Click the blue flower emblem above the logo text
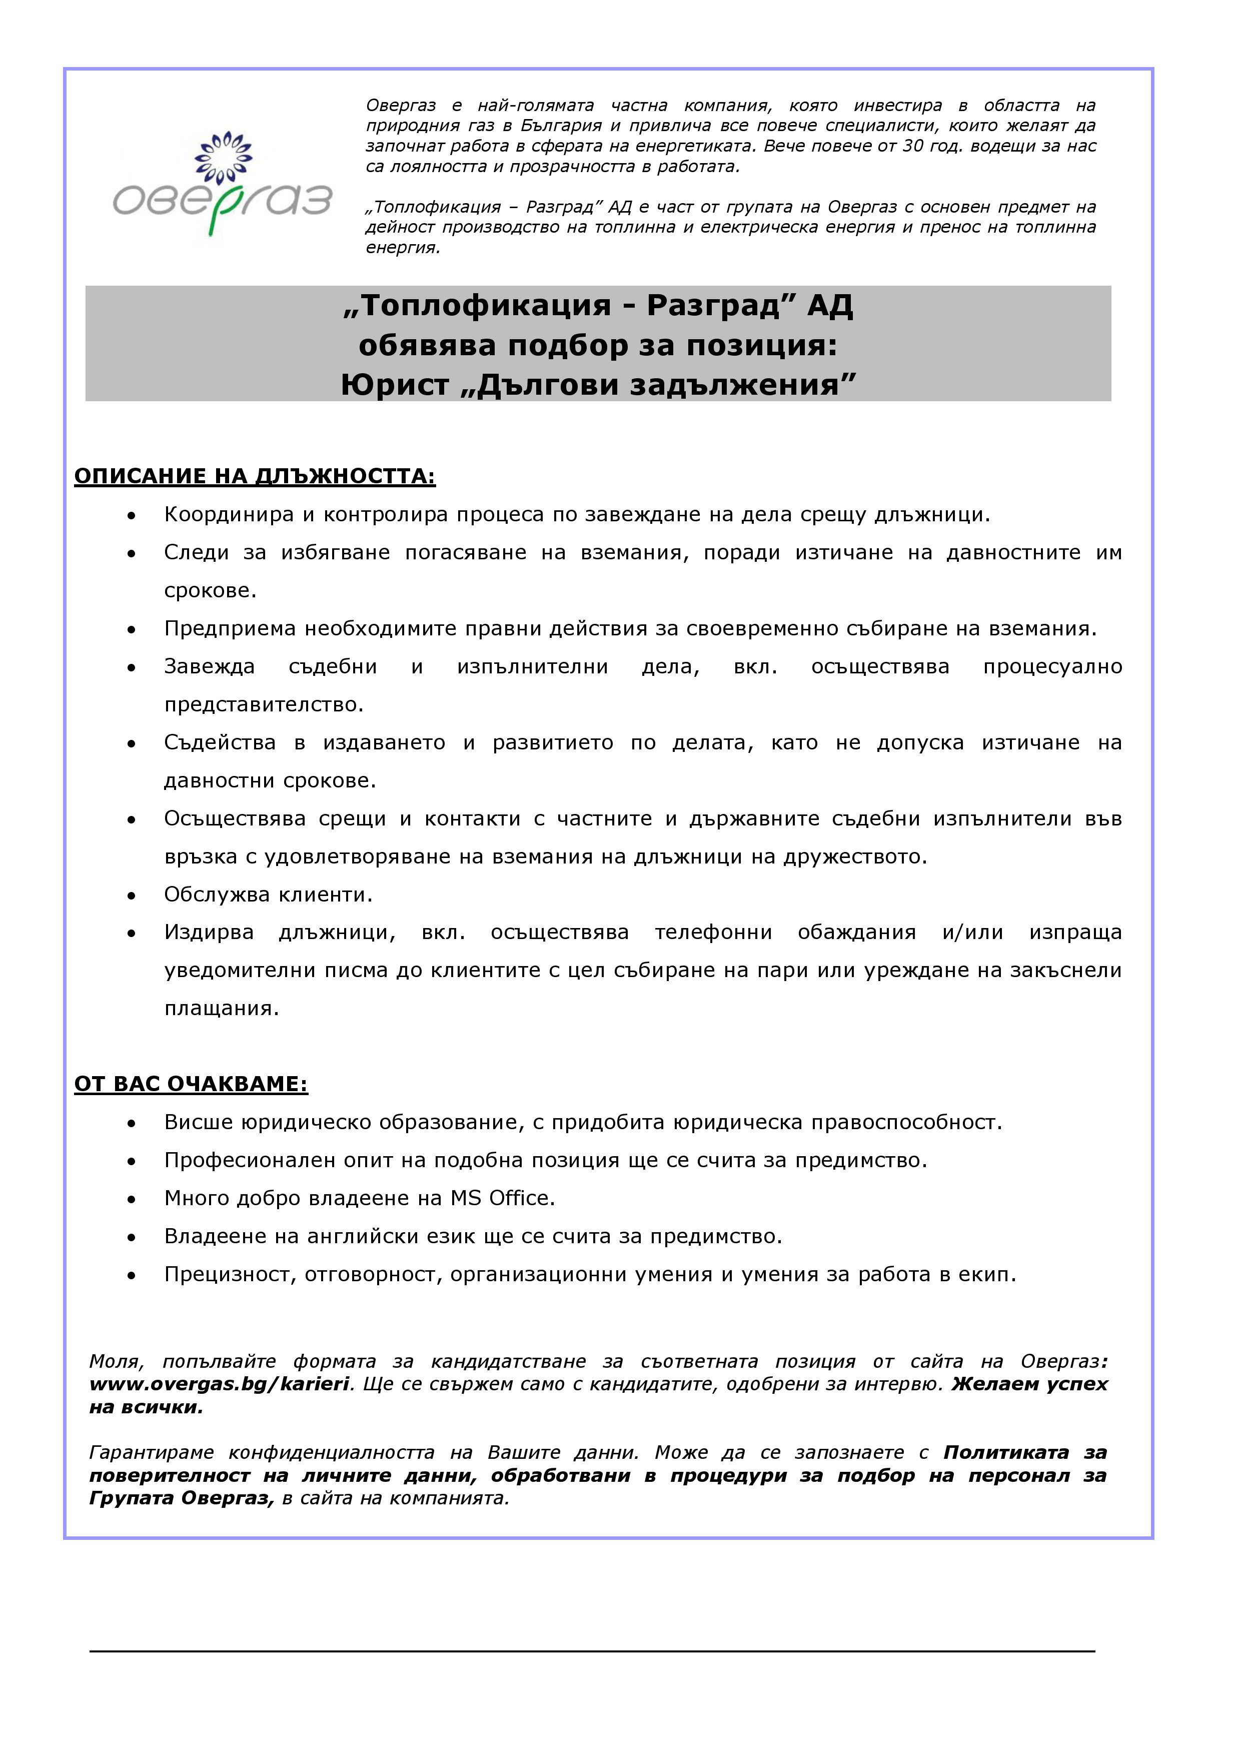tap(223, 156)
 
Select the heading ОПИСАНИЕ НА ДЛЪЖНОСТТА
tap(255, 476)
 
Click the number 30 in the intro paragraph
tap(913, 146)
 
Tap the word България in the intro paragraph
tap(562, 126)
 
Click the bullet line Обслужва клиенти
tap(268, 895)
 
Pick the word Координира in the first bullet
tap(229, 514)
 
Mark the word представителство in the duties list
tap(264, 705)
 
